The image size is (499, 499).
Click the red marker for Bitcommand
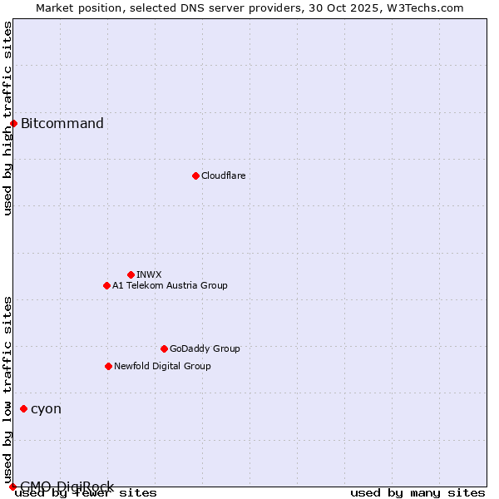(x=13, y=124)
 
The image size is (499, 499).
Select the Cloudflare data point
(x=195, y=175)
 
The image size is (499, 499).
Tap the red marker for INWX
(x=131, y=274)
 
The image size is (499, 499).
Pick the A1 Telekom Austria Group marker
(x=106, y=285)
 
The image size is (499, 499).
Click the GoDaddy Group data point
(x=164, y=348)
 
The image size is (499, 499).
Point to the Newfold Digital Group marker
(x=108, y=366)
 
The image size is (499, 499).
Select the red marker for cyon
(x=23, y=408)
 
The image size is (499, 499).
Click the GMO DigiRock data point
(x=12, y=487)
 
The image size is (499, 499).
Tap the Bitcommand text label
(x=62, y=124)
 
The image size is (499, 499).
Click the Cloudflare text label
(x=223, y=175)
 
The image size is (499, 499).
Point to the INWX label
(x=149, y=274)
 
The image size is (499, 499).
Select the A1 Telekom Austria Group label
(x=170, y=285)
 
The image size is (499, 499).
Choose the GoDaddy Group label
(x=205, y=348)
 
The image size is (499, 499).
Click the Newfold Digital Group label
(x=162, y=366)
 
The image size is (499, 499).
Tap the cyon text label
(x=46, y=408)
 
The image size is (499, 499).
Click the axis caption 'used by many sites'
(x=417, y=493)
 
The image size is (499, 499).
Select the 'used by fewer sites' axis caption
(x=86, y=493)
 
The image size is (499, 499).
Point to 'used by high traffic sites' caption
(x=8, y=118)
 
